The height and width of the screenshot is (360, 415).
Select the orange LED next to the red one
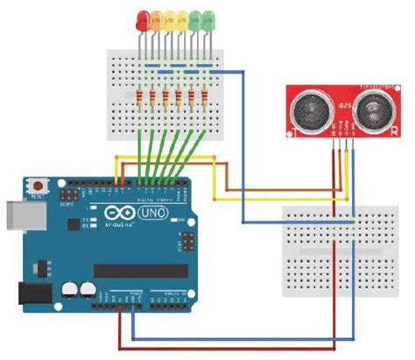[x=156, y=18]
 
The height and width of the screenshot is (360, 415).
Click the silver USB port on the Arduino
[x=13, y=215]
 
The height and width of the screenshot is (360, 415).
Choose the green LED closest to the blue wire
[x=208, y=18]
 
